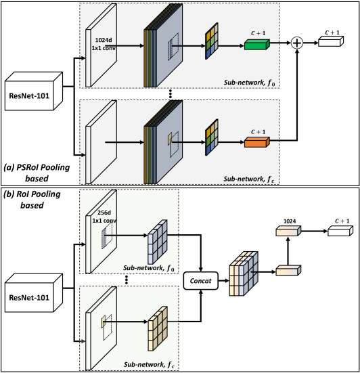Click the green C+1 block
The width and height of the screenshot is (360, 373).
(x=257, y=45)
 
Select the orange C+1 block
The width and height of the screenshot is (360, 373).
(x=257, y=142)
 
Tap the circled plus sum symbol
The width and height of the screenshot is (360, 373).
(x=297, y=43)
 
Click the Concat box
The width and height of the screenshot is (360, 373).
(x=200, y=281)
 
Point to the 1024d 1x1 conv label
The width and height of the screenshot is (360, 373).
(x=104, y=44)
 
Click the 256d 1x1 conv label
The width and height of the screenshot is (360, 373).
(x=104, y=217)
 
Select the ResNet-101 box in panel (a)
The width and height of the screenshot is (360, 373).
(x=34, y=91)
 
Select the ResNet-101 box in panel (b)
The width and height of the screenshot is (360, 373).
(x=34, y=293)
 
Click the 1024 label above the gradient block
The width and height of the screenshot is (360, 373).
(x=290, y=221)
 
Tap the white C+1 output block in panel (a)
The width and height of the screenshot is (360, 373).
(x=331, y=41)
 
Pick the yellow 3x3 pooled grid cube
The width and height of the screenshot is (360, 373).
(x=158, y=328)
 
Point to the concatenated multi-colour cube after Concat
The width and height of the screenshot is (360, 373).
(x=244, y=273)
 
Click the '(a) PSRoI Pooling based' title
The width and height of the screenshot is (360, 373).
(x=37, y=173)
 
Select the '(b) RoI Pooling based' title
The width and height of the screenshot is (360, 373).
(x=32, y=199)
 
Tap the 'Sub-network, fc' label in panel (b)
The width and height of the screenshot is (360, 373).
(x=149, y=365)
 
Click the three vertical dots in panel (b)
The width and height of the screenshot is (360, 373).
(x=127, y=280)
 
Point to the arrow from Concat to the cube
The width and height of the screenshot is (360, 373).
(x=223, y=281)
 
